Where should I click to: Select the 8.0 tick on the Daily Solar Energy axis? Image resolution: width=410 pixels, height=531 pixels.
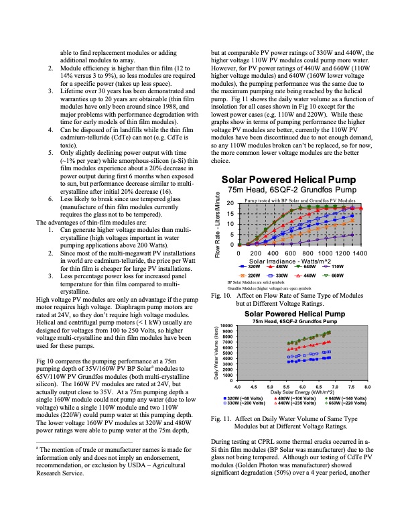(x=366, y=388)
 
